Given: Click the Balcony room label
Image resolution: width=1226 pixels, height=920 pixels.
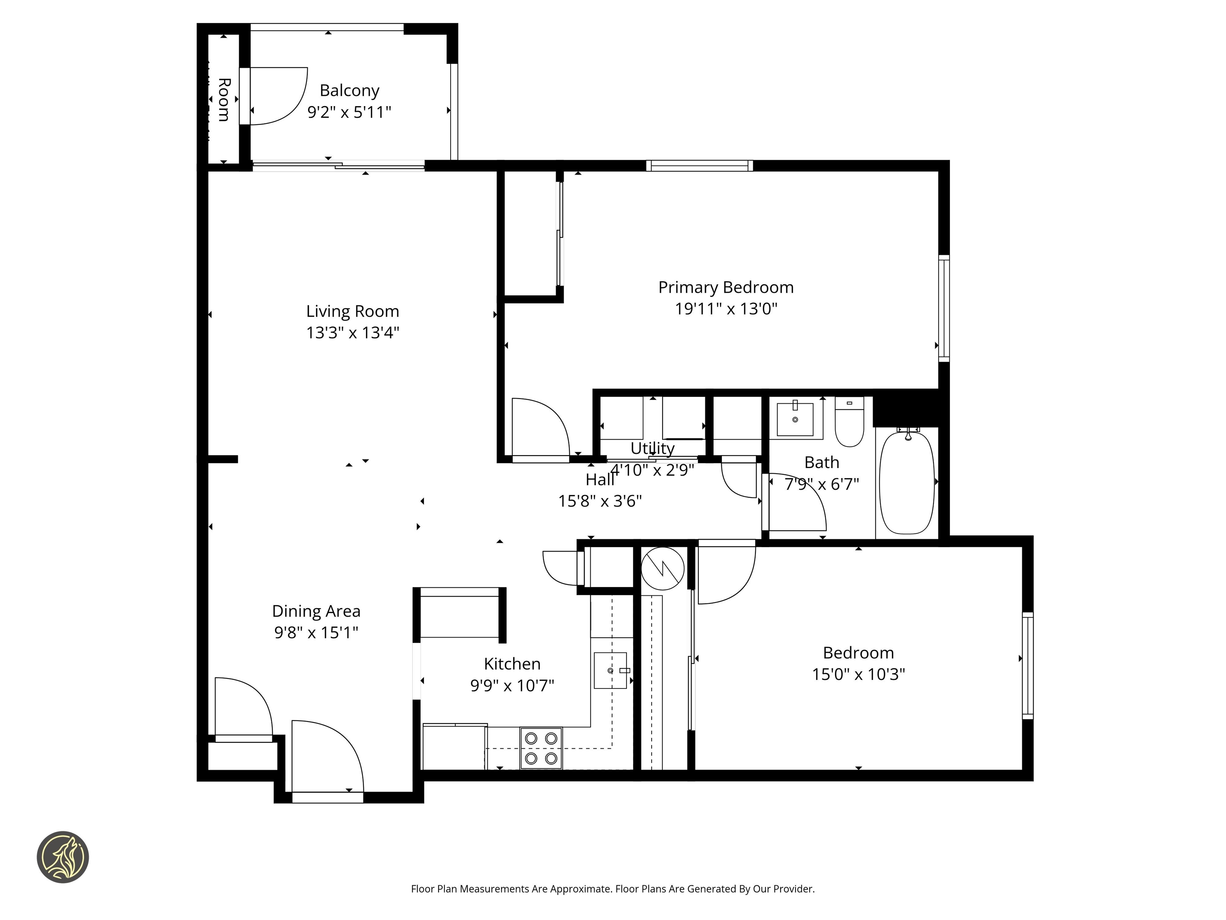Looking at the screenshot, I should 349,90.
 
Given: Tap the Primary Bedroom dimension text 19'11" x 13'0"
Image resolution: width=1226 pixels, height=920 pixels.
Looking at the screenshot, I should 726,309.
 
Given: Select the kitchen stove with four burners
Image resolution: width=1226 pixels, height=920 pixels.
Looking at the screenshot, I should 541,748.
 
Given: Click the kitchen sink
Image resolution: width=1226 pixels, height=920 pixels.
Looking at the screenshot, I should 610,670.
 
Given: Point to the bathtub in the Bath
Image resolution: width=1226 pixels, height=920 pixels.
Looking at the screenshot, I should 907,482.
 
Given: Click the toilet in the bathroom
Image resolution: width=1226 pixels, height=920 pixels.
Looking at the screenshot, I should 849,422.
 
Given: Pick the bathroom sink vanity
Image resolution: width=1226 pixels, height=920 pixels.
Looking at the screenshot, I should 795,420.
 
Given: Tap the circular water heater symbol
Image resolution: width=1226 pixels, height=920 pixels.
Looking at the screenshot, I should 662,569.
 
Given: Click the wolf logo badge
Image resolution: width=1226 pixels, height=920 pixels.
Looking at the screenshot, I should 63,857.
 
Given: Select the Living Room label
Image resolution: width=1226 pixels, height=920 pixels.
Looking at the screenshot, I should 352,311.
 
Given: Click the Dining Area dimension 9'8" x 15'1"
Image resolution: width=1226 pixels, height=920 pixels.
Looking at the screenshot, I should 316,632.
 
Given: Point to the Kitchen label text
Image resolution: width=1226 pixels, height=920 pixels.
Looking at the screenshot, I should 512,664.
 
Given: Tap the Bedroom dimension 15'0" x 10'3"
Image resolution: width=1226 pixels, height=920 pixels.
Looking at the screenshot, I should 858,674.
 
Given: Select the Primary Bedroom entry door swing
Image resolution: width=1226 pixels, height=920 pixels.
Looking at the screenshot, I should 540,428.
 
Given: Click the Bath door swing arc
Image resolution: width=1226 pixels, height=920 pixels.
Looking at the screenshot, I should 798,502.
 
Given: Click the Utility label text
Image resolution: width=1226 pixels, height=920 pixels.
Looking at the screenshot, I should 653,448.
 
